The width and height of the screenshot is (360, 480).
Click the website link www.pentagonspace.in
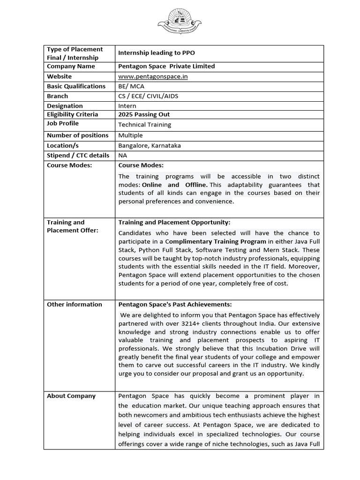click(x=153, y=76)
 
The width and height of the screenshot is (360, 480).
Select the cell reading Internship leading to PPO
click(x=157, y=53)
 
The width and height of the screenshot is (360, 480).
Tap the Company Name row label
click(x=71, y=67)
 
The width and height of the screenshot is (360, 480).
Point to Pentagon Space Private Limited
click(x=166, y=67)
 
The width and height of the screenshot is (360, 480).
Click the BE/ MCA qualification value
click(x=131, y=86)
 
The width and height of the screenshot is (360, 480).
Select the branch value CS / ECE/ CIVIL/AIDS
click(x=148, y=96)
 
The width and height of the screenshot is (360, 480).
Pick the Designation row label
click(x=65, y=106)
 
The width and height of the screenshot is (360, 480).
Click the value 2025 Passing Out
click(x=144, y=114)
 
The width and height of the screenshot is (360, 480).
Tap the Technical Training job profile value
click(x=144, y=125)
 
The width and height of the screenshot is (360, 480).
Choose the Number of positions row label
click(x=77, y=135)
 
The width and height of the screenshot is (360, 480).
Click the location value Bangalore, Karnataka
click(x=149, y=145)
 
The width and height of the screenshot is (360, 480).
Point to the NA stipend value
click(x=123, y=156)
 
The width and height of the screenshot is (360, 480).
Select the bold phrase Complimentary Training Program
click(x=210, y=241)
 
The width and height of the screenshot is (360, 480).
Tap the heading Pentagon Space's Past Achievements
click(x=175, y=305)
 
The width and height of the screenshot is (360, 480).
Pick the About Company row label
click(x=71, y=396)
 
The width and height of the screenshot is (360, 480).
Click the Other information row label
click(x=74, y=305)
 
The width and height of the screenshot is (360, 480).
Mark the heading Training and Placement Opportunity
click(x=174, y=223)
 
